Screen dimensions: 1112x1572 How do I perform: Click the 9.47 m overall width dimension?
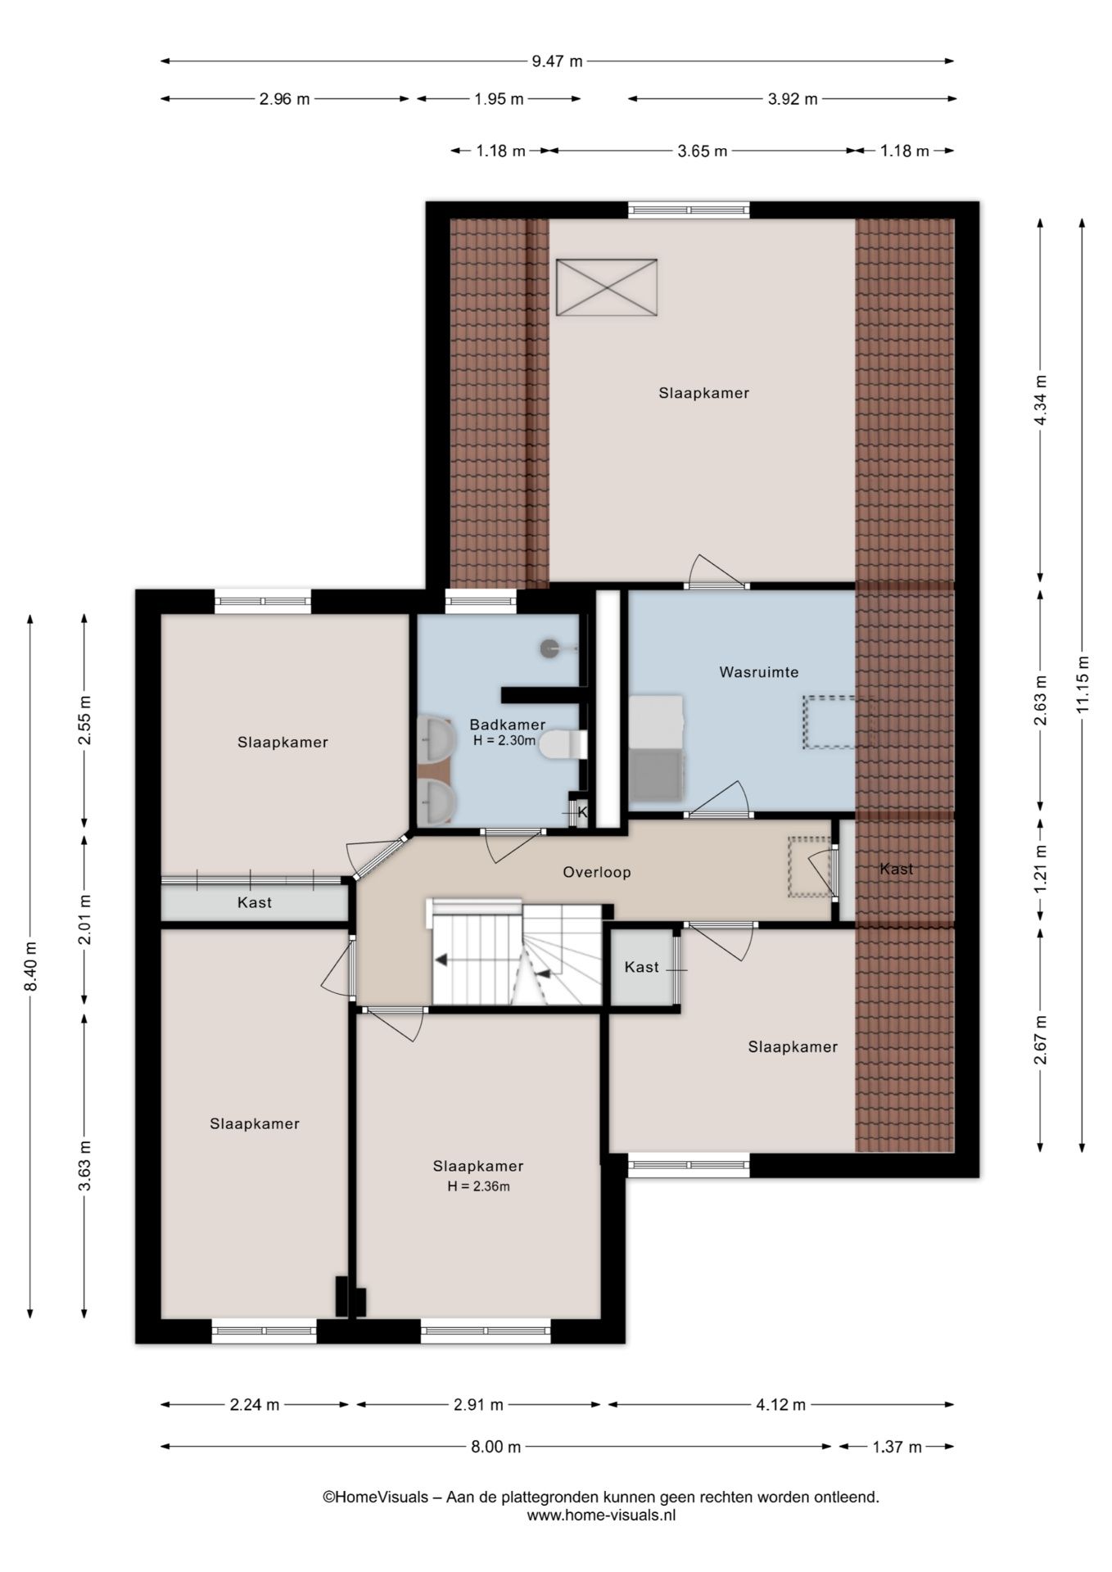click(x=558, y=61)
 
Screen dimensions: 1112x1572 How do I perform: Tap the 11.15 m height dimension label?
click(x=1083, y=684)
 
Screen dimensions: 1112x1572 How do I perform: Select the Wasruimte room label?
click(x=759, y=672)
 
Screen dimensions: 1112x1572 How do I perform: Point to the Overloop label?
click(x=597, y=872)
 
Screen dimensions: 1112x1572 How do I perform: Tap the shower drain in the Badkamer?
click(x=550, y=648)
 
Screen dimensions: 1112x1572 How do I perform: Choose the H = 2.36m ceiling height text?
click(x=478, y=1186)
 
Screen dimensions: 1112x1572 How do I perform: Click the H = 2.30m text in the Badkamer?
click(x=504, y=741)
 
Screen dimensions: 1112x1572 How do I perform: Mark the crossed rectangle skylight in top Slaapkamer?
click(x=607, y=287)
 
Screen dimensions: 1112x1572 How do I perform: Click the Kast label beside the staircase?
click(x=642, y=967)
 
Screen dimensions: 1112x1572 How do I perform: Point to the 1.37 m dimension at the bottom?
click(x=897, y=1447)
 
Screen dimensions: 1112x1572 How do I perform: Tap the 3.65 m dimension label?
click(x=703, y=151)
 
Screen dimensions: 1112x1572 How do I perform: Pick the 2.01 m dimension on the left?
click(x=84, y=919)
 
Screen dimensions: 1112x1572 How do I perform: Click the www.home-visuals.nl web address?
click(x=602, y=1515)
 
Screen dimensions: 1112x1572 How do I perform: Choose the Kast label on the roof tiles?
click(x=897, y=869)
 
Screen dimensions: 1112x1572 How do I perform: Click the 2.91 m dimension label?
click(x=478, y=1405)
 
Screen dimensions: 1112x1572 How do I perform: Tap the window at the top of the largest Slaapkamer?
click(x=689, y=210)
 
